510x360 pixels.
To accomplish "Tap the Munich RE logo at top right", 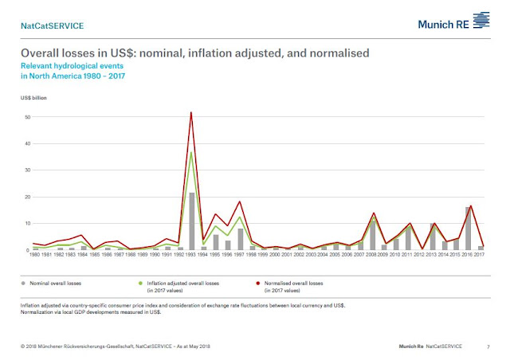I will [x=454, y=23].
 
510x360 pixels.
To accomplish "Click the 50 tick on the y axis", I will [x=28, y=117].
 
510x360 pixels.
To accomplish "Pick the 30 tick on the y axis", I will [x=28, y=170].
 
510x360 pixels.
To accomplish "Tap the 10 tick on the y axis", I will [x=28, y=224].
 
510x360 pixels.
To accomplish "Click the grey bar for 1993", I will [x=191, y=221].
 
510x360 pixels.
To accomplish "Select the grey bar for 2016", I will [x=469, y=229].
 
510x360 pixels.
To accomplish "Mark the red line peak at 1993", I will [x=191, y=112].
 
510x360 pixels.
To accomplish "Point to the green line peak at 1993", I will [x=191, y=152].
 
